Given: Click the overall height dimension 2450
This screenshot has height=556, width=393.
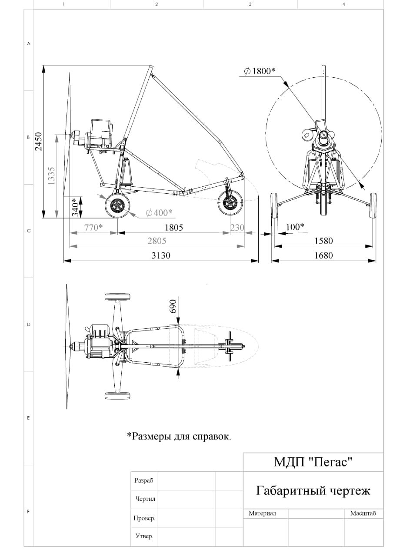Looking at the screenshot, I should pos(39,141).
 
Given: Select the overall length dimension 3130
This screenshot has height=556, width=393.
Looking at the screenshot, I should pos(161,255).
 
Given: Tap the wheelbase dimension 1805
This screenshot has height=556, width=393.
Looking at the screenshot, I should pos(173,227).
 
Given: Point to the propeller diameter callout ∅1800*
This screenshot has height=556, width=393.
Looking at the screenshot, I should pos(260,71).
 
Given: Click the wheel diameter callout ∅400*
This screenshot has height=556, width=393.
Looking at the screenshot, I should pos(159,212).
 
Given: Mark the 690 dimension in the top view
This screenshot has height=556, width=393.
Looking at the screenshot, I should pos(172,307).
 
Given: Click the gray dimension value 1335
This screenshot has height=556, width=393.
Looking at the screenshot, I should pos(51,176).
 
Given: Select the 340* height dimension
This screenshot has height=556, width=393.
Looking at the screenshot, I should pos(75,207).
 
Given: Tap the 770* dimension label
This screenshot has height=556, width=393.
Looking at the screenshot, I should pos(93,227).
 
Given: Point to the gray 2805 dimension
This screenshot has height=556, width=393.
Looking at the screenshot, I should pos(156,241).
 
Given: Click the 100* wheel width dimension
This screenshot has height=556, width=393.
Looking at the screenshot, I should pos(295,227).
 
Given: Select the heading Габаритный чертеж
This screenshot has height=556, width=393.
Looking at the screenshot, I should pos(313,491).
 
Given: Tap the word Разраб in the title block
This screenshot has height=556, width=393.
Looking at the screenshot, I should pos(144,480).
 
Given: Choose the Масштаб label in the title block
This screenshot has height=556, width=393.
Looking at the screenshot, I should pos(363,513).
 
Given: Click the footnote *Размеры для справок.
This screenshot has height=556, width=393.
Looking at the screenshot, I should pos(179,436).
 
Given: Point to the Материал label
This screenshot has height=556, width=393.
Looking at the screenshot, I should pos(262,513).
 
